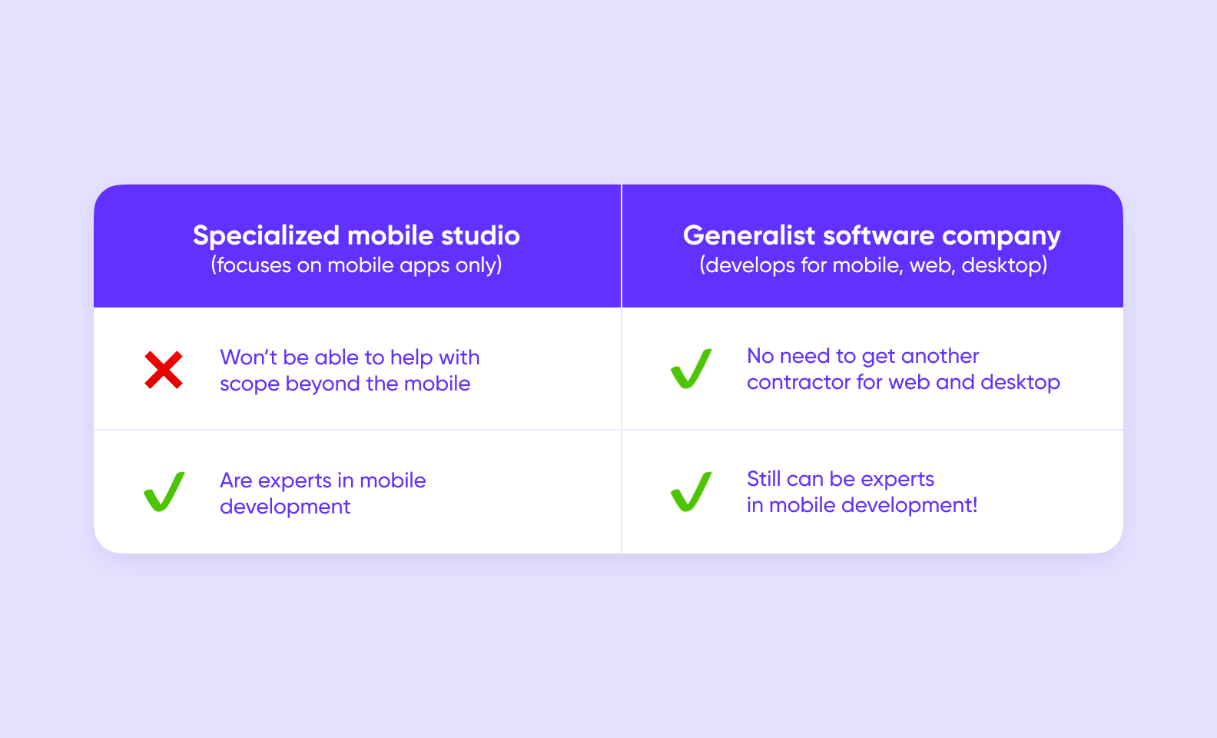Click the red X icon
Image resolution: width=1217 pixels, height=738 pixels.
point(164,370)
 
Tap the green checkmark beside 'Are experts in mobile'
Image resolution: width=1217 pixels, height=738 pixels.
point(164,491)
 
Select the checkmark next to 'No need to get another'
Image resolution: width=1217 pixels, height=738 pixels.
point(691,368)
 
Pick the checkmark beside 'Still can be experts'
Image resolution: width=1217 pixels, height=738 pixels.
point(691,491)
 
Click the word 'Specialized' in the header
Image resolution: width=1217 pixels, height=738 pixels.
point(266,236)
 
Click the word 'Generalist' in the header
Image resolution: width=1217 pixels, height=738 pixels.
point(749,235)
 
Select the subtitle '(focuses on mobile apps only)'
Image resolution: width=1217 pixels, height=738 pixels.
point(356,265)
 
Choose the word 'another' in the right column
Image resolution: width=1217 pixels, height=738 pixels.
point(940,356)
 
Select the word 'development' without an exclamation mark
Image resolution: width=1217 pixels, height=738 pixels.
point(285,507)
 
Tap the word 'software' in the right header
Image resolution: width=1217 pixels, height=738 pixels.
point(878,235)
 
